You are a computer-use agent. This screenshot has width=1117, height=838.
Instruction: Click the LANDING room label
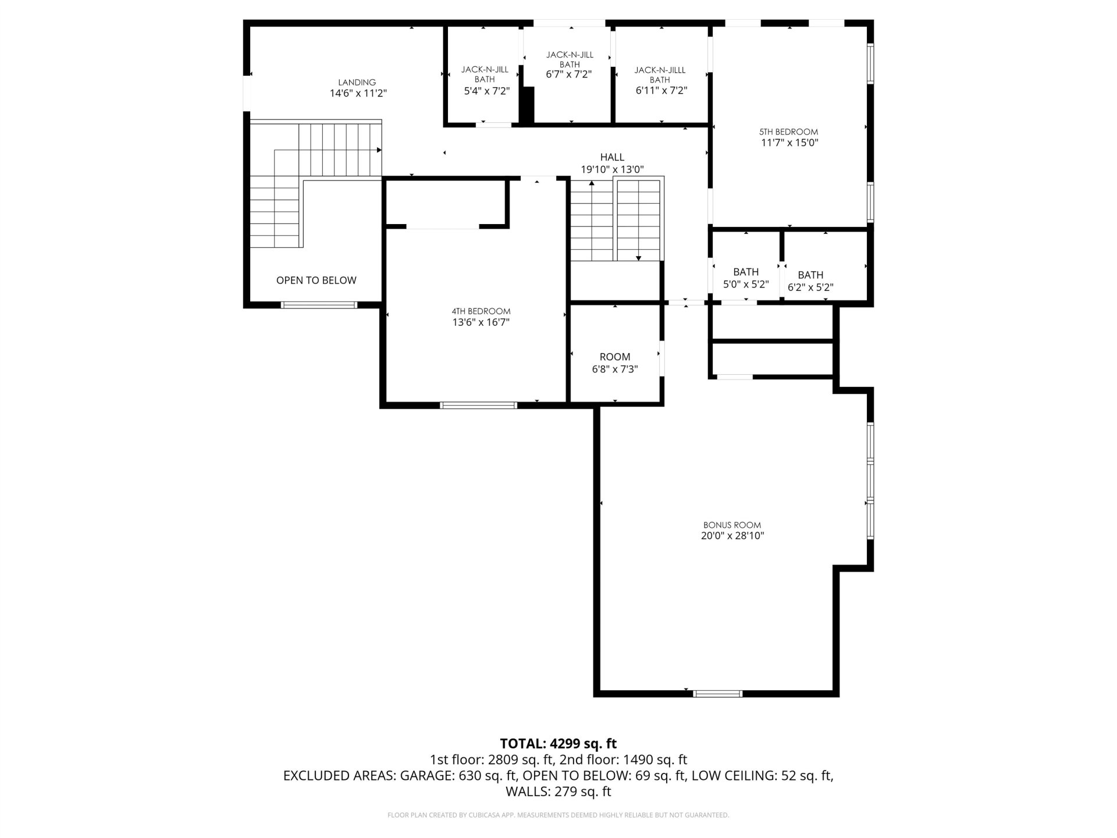[357, 83]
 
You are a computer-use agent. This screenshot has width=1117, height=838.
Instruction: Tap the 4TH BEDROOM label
[481, 311]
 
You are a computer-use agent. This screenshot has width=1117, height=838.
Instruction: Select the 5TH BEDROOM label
[789, 132]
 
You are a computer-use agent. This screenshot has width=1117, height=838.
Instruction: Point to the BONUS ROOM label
[732, 525]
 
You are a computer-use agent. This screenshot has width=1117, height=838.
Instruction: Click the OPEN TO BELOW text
[316, 280]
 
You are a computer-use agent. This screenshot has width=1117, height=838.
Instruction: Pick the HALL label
[612, 157]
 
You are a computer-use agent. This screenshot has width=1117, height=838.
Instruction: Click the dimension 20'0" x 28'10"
[732, 536]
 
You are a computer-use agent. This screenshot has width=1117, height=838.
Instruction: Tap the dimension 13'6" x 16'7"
[481, 322]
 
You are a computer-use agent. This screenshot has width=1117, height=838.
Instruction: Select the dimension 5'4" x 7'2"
[486, 91]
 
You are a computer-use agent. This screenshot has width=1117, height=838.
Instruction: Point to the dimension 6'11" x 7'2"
[661, 91]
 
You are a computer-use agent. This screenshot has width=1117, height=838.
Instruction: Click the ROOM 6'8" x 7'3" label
[615, 363]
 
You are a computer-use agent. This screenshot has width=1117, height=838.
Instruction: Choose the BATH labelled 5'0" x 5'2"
[746, 278]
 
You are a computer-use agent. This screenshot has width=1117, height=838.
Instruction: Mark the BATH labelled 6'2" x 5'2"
[810, 281]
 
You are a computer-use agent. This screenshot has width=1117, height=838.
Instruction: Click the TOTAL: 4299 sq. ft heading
[558, 743]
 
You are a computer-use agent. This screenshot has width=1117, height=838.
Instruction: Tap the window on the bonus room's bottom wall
[718, 693]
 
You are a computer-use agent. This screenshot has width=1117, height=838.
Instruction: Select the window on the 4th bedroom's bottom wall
[479, 405]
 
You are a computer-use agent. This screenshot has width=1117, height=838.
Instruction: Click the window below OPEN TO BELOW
[319, 304]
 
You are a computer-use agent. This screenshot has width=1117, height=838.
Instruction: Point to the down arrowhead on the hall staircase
[638, 258]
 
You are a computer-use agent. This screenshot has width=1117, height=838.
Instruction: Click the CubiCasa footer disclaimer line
[558, 815]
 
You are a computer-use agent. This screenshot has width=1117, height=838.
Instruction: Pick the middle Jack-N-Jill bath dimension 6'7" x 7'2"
[569, 74]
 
